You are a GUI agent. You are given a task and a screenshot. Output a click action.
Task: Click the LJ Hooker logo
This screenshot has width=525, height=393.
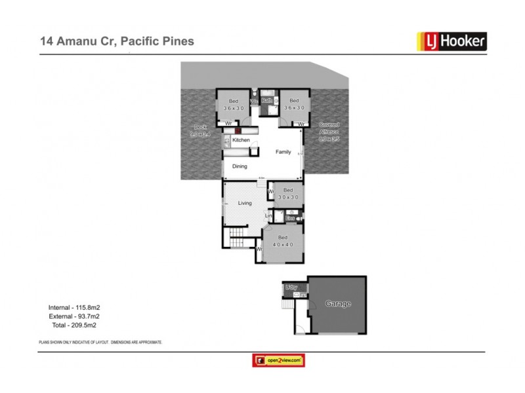tap(451, 41)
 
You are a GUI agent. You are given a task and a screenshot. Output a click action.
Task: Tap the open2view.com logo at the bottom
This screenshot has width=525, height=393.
tap(279, 360)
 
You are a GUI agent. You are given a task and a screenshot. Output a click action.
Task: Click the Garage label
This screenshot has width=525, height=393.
tap(338, 304)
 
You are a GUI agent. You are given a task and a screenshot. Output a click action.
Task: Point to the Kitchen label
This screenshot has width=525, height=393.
tap(241, 140)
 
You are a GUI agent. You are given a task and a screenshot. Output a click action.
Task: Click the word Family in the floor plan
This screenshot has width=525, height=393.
tap(283, 152)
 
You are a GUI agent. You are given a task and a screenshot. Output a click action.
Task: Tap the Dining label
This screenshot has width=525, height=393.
tap(240, 166)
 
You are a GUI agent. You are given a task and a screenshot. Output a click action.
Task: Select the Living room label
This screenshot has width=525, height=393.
tap(245, 203)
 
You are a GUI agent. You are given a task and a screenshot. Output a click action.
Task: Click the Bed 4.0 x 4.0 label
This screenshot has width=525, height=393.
tap(283, 240)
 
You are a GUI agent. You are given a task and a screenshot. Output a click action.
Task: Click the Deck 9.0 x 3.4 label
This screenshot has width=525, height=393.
tap(198, 130)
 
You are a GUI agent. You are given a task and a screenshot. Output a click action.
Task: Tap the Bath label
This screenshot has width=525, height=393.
tap(267, 101)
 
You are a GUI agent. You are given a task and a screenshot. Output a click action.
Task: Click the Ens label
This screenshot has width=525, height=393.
tap(289, 217)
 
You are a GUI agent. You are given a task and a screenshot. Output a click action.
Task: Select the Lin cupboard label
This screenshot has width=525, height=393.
tap(268, 215)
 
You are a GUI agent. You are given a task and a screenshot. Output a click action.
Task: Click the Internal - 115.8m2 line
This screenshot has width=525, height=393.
tap(73, 307)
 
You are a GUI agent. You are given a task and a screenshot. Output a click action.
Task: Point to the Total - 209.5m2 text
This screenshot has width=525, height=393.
tap(73, 324)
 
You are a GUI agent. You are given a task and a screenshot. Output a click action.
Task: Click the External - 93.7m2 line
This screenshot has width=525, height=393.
tap(73, 316)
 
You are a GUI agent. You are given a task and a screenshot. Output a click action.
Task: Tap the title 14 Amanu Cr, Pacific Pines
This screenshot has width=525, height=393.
tap(116, 41)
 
